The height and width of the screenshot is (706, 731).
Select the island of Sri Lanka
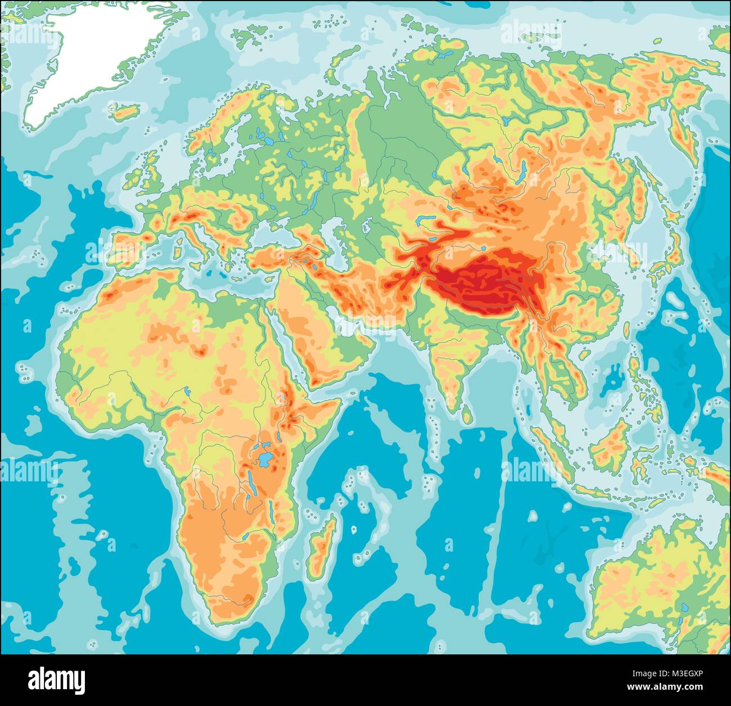(466, 414)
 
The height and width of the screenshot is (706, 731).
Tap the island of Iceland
(126, 111)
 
